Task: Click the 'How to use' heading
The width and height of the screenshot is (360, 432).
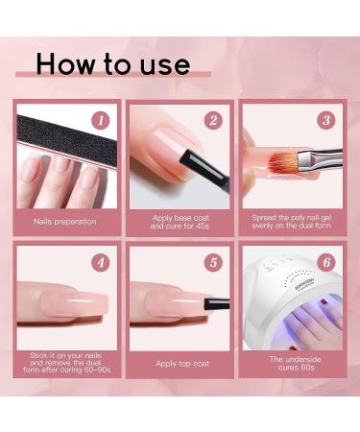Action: tap(112, 64)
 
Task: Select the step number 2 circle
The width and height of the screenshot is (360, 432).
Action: tap(213, 120)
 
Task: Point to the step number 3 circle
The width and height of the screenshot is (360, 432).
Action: tap(325, 120)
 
